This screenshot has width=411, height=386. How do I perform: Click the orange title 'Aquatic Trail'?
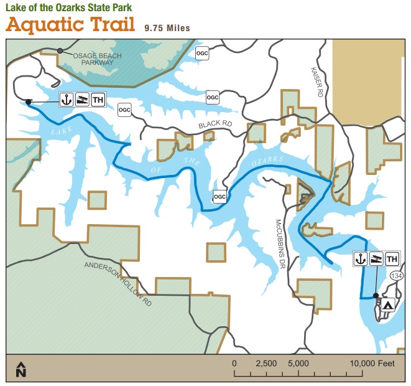[72, 26]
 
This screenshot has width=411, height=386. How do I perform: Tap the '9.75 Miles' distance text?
[167, 28]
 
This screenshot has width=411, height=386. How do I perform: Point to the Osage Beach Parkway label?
[98, 59]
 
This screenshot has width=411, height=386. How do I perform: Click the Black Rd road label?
[215, 125]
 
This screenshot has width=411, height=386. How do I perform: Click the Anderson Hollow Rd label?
[118, 281]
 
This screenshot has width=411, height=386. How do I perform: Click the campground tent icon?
[387, 305]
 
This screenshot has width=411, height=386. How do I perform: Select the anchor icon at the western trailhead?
[67, 100]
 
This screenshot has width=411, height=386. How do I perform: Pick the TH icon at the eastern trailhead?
[392, 259]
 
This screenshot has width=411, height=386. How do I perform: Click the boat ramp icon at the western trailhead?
[82, 100]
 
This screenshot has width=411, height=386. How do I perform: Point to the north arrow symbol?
[21, 369]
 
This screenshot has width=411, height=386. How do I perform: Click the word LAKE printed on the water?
[58, 131]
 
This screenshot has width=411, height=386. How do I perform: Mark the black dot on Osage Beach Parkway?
[60, 50]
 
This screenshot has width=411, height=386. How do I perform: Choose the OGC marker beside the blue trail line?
[219, 196]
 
